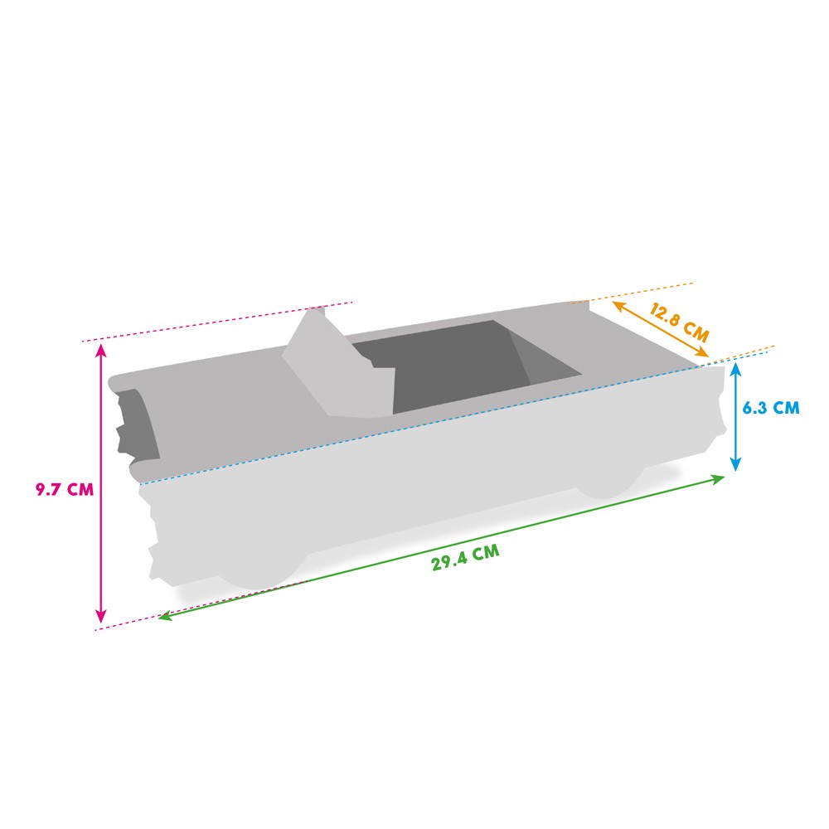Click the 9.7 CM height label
[x=64, y=489]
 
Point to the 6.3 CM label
[x=771, y=408]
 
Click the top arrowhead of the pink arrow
[x=101, y=349]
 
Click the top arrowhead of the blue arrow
[x=735, y=370]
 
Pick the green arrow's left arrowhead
[x=164, y=617]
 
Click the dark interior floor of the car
[x=448, y=373]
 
